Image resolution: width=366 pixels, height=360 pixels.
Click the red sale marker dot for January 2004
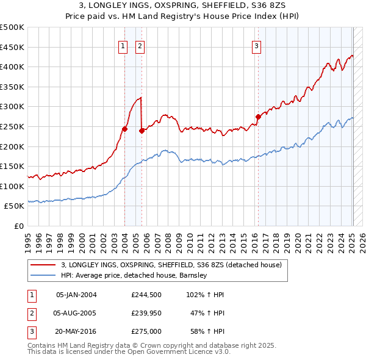[124, 129]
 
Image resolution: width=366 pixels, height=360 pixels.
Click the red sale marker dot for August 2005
[142, 130]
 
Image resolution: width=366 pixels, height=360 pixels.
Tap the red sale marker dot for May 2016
[258, 116]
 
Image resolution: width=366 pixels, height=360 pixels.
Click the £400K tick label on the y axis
[12, 67]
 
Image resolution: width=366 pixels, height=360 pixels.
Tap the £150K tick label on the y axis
[12, 166]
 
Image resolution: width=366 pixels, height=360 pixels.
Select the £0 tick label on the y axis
[18, 226]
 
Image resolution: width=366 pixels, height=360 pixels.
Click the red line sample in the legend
[43, 265]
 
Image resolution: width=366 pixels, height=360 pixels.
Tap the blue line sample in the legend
[43, 275]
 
